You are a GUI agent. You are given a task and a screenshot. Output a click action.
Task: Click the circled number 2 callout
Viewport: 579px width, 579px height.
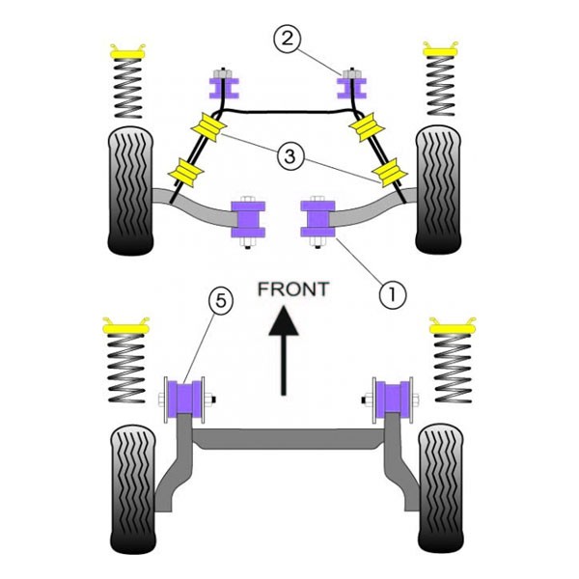coord(288,40)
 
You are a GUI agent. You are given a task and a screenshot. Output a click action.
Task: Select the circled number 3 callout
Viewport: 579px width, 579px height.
coord(290,156)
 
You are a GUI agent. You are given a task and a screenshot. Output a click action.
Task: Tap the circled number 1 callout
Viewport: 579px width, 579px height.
coord(393,295)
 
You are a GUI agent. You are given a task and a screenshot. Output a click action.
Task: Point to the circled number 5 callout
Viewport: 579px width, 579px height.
coord(221,301)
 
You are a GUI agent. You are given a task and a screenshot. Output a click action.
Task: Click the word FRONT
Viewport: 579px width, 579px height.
coord(293,289)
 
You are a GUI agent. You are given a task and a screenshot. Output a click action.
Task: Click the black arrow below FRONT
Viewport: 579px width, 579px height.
coord(283,350)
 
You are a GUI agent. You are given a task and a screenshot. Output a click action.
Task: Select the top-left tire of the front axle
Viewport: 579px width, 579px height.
coord(130,191)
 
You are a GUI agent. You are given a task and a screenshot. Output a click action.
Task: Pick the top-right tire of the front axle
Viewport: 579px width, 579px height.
coord(438,190)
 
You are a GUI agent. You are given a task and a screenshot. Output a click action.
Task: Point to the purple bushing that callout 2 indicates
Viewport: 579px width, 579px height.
coord(351,88)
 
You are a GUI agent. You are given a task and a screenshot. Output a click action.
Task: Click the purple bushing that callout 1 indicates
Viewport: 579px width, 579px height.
coord(317,219)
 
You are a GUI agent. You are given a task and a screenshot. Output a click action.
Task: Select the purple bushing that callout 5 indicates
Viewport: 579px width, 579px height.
coord(184,398)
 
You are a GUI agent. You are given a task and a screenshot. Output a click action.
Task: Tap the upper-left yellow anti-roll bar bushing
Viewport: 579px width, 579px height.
coord(209,127)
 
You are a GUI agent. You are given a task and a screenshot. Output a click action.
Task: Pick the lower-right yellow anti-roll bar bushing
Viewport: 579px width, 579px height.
coord(389,173)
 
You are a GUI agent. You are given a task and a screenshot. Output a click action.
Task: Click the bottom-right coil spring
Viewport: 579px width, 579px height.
coord(453,368)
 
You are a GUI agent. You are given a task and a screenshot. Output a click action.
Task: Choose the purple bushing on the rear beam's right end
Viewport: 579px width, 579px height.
coord(394,397)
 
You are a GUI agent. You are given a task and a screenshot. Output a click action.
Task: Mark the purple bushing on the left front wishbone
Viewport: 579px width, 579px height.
coord(248,219)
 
